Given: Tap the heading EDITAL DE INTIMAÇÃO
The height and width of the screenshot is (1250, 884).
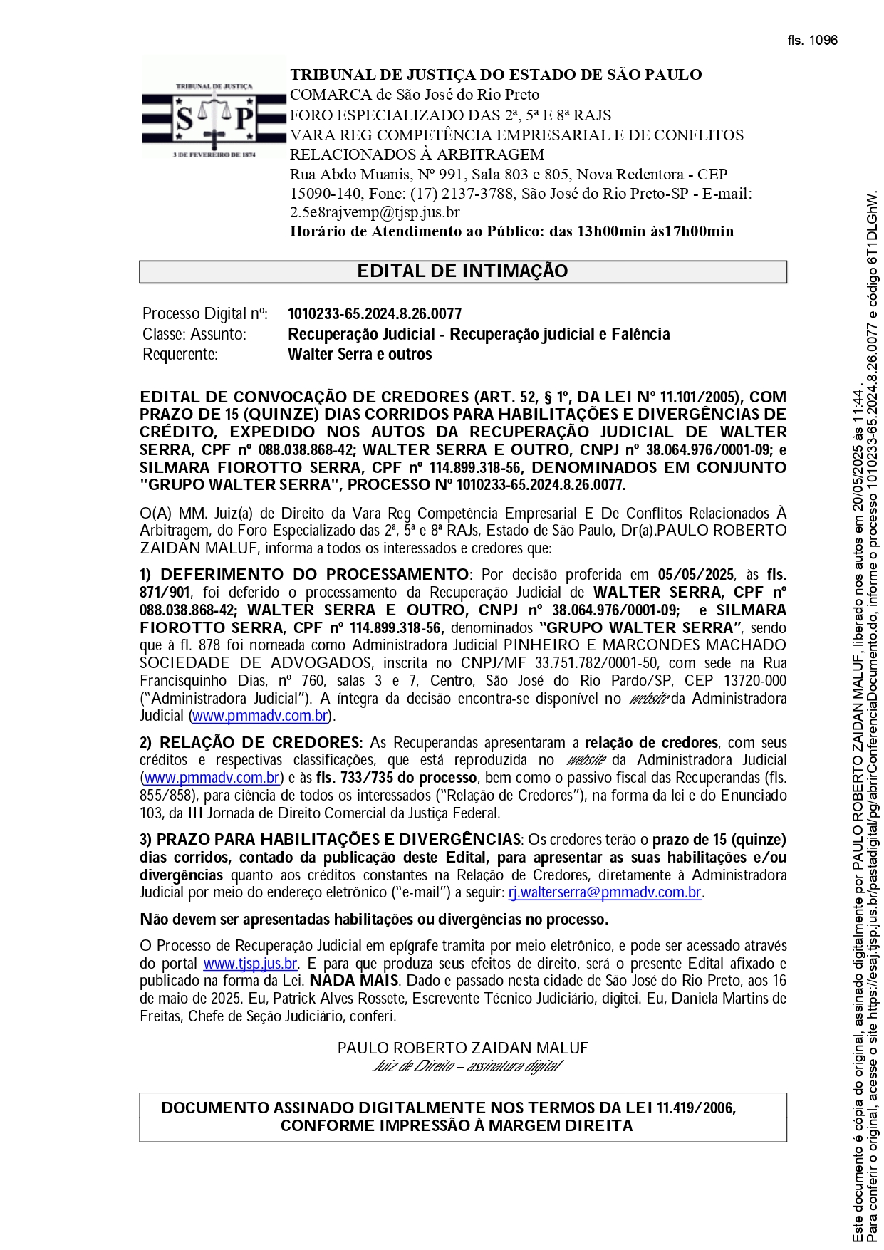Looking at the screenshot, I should coord(462,271).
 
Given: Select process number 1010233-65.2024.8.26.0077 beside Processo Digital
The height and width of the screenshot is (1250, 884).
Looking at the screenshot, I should coord(374,314).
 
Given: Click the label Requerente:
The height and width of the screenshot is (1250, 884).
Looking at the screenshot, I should coord(180,355).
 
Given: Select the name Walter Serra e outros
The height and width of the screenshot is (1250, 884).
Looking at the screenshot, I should coord(360,355).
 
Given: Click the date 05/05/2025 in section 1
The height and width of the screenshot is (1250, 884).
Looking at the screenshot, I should coord(696,575).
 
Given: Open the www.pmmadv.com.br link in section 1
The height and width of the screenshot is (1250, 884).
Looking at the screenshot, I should coord(261,716).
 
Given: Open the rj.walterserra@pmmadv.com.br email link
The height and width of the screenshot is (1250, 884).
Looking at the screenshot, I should coord(605,893).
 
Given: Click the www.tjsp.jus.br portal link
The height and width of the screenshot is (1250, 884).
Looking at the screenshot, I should coord(250,964).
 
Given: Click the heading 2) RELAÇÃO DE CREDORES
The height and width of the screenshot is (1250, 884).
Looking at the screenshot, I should coord(251,743).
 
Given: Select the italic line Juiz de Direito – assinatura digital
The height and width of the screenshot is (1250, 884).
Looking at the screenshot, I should coord(467,1066).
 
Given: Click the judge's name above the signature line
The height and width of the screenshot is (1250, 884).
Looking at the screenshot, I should coord(462,1048).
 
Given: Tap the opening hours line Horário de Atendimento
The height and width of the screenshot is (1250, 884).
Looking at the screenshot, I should coord(511,231).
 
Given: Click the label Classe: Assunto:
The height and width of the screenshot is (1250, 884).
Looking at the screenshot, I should coord(194,335).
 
